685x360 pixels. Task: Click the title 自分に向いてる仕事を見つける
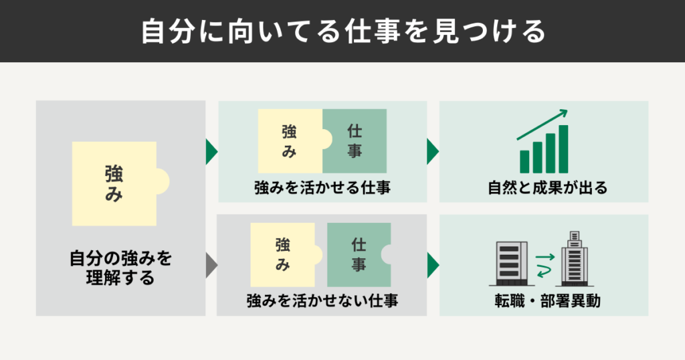click(342, 31)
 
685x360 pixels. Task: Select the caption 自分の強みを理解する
click(120, 268)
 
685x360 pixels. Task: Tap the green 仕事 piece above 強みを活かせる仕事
click(355, 141)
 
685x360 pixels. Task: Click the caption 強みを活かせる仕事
click(322, 188)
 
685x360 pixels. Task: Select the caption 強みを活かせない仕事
click(322, 300)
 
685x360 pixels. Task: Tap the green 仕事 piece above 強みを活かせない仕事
click(357, 255)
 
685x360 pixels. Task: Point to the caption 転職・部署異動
click(543, 301)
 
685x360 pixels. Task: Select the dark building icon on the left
click(508, 261)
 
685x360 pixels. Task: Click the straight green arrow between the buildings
click(546, 256)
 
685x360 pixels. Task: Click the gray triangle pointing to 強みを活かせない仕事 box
click(211, 264)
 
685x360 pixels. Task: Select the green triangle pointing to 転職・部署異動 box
click(433, 264)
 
